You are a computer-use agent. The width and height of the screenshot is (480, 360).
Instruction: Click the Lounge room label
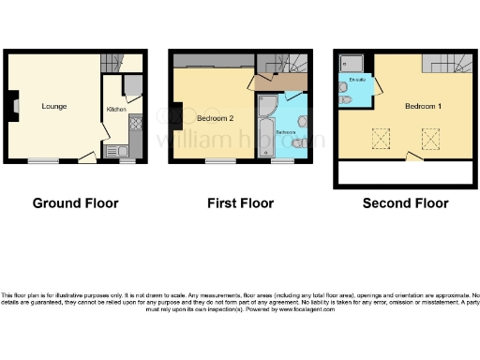[53, 106]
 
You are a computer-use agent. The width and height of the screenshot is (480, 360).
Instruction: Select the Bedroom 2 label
[215, 118]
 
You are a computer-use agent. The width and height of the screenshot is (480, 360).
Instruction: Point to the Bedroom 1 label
[423, 106]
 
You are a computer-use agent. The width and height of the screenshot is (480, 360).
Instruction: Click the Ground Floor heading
[71, 202]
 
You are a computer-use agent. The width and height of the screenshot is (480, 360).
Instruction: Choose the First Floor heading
[240, 202]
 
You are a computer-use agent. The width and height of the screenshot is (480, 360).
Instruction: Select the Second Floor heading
[405, 202]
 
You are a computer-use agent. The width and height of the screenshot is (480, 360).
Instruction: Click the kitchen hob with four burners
[134, 122]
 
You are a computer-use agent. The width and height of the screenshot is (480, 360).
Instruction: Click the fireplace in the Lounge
[14, 105]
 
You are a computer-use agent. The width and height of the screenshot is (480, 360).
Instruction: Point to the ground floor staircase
[132, 63]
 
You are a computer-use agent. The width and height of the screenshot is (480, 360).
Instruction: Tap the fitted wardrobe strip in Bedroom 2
[213, 67]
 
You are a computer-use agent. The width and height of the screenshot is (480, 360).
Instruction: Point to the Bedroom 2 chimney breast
[175, 114]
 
